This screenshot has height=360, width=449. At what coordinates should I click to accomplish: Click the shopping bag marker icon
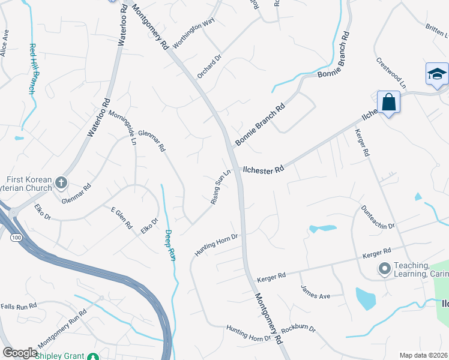tap(389, 102)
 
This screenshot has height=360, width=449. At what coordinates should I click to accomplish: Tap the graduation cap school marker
tap(437, 74)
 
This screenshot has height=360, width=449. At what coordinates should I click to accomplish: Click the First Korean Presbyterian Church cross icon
tap(61, 182)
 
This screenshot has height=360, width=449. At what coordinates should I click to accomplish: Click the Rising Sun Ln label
tap(220, 188)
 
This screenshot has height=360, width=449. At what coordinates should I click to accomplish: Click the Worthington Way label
tap(193, 32)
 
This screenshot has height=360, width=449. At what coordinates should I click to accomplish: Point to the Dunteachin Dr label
tap(378, 217)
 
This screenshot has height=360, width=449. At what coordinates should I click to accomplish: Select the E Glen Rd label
tap(122, 217)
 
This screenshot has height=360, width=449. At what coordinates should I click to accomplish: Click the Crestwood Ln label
tap(391, 73)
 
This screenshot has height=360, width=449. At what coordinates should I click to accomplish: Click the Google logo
tap(20, 353)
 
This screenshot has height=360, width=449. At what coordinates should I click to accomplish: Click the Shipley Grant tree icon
tap(93, 356)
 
